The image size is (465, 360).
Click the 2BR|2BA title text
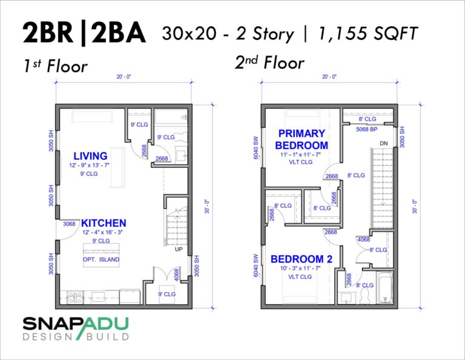point(84,33)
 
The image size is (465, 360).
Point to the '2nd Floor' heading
point(269,62)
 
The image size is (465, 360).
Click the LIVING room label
point(90,156)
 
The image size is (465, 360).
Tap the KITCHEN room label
point(104,223)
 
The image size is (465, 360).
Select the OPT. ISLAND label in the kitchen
point(101,259)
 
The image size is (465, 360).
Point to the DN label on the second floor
point(383,143)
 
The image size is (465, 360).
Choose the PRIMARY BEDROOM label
point(302,139)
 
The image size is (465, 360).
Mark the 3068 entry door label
point(67,224)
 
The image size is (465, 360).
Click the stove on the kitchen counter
point(76,298)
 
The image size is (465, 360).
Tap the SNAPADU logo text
point(76,324)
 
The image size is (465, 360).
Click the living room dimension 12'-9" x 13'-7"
point(90,165)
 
